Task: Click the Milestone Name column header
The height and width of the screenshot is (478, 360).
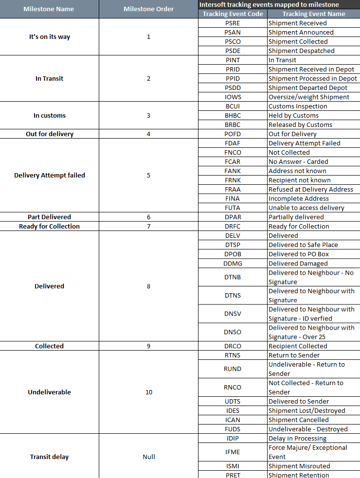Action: (49, 9)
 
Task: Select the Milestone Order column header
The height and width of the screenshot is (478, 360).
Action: (148, 9)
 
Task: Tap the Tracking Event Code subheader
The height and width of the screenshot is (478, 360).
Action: (233, 14)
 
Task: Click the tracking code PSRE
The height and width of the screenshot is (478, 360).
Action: (233, 23)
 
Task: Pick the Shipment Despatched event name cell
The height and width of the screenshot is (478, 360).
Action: (301, 51)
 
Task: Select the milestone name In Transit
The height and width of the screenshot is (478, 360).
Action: (49, 79)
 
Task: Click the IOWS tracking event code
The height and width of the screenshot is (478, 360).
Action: (233, 97)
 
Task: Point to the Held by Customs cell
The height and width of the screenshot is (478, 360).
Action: (293, 116)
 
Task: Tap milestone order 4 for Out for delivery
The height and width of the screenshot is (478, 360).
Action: (148, 134)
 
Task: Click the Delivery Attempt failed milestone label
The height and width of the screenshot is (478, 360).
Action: (49, 176)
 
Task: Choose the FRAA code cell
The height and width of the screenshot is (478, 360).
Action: (233, 190)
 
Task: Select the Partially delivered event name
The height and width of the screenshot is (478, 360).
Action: (296, 217)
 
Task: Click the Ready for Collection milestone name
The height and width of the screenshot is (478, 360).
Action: (49, 227)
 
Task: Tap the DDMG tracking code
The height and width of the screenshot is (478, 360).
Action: (233, 264)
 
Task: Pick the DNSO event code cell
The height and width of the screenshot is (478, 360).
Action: (233, 332)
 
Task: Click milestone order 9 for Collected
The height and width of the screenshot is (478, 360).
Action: (148, 346)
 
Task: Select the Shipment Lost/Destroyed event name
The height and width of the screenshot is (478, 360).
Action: (306, 411)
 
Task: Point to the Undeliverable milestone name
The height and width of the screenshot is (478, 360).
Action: (49, 392)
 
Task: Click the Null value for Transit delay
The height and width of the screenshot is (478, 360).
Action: (148, 457)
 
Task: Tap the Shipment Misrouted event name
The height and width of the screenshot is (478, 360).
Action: (299, 466)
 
